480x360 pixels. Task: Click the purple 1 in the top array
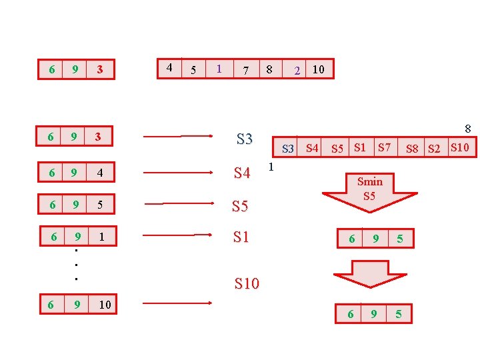tap(219, 69)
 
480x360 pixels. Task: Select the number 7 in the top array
tap(246, 70)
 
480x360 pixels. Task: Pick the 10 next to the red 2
tap(318, 69)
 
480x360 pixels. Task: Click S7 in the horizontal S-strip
tap(384, 147)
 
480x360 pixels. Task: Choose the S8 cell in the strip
tap(413, 148)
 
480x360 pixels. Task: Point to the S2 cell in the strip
tap(434, 148)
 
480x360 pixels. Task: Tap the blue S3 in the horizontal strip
tap(288, 148)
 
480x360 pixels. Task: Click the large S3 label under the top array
tap(245, 139)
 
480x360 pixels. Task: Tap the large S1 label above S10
tap(241, 236)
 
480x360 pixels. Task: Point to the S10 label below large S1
tap(247, 284)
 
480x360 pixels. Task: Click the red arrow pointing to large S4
tap(177, 173)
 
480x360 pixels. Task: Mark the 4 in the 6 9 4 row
tap(100, 173)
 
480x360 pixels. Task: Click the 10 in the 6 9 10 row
tap(105, 305)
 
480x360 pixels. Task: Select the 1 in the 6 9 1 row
tap(100, 236)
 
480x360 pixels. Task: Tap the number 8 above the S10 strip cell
tap(467, 129)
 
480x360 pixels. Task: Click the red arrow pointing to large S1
tap(177, 235)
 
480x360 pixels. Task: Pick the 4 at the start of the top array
tap(169, 67)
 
